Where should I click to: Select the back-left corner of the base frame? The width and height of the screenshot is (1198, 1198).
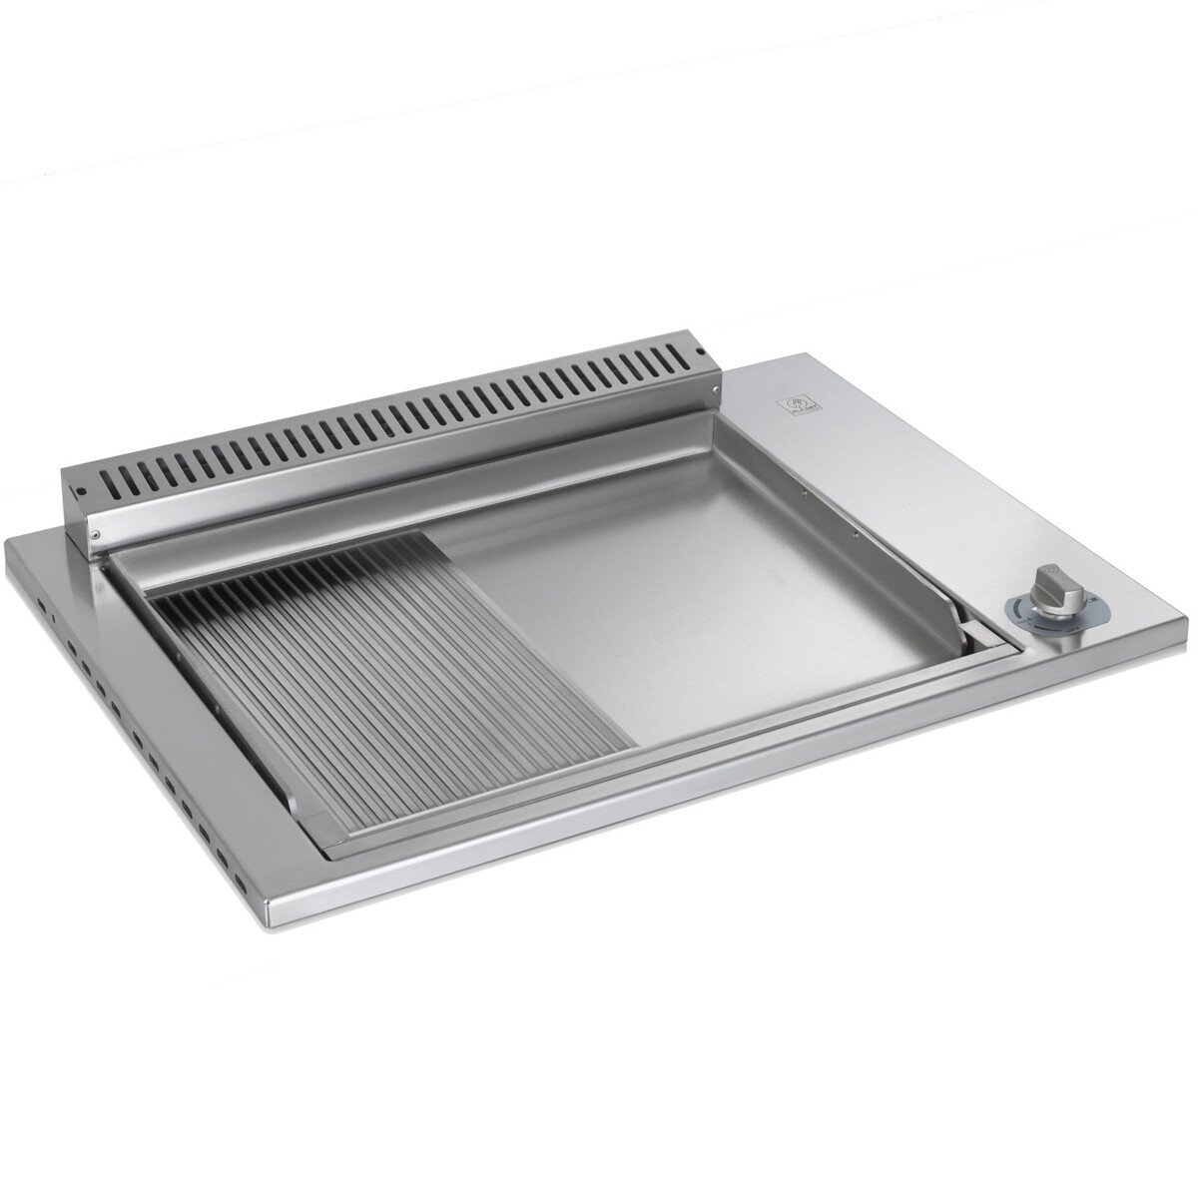pyautogui.click(x=10, y=544)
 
